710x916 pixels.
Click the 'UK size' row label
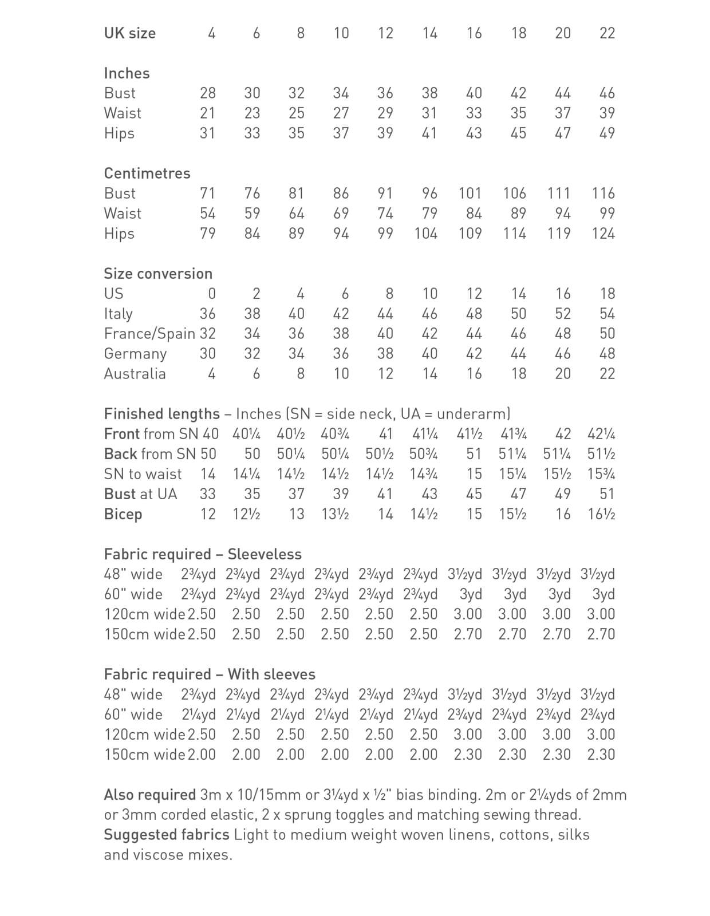coord(129,33)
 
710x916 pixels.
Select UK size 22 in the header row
coord(607,33)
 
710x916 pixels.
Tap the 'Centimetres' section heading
coord(147,173)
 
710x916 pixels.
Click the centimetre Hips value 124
coord(603,234)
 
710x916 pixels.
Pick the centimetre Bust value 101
coord(470,194)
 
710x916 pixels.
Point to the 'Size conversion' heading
coord(158,274)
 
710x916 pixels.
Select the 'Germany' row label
coord(135,354)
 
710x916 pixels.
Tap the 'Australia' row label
coord(135,374)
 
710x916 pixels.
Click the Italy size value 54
coord(607,314)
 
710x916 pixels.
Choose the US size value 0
coord(211,294)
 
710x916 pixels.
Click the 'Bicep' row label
coord(123,514)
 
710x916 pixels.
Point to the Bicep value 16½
coord(601,514)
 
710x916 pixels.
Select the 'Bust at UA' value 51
coord(607,494)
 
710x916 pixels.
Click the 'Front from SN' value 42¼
coord(601,434)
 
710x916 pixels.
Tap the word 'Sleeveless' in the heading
coord(265,554)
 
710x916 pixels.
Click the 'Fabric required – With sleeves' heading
coord(210,674)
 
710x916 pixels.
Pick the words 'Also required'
coord(150,795)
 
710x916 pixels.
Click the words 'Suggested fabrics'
coord(167,835)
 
